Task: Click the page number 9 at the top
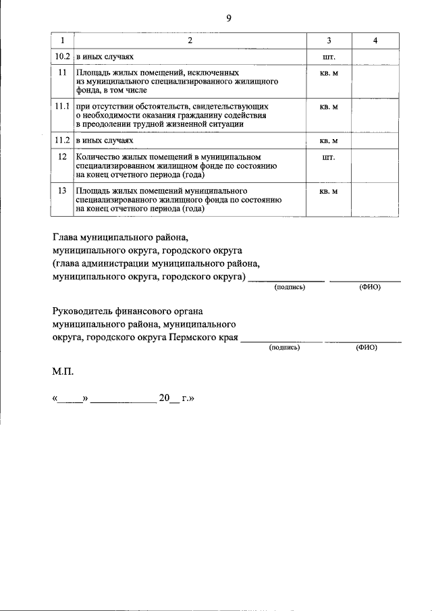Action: click(228, 19)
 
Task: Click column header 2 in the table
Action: click(190, 41)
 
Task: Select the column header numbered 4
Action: click(375, 41)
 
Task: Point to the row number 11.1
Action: click(62, 107)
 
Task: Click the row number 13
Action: click(62, 192)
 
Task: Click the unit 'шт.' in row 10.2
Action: click(329, 57)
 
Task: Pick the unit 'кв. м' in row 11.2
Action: click(329, 141)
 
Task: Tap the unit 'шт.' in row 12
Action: click(329, 157)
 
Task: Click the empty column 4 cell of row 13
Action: click(375, 200)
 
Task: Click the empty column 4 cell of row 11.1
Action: click(375, 115)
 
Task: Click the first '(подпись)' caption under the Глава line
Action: click(290, 288)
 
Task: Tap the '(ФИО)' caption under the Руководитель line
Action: click(366, 348)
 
